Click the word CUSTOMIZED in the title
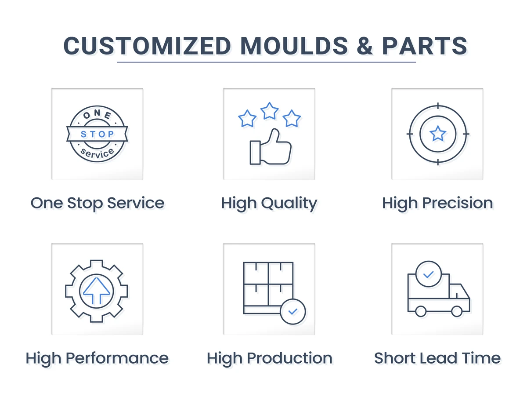(147, 46)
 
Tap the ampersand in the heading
(364, 46)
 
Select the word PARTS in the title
(424, 46)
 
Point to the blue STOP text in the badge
(97, 134)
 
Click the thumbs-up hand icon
(271, 148)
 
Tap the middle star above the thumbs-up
(269, 111)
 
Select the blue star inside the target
(437, 133)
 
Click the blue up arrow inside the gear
(97, 290)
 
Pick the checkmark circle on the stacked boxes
(292, 312)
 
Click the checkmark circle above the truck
(428, 274)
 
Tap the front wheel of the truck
(457, 311)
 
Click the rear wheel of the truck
(421, 311)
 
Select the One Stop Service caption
(97, 203)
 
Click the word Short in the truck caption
(392, 358)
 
